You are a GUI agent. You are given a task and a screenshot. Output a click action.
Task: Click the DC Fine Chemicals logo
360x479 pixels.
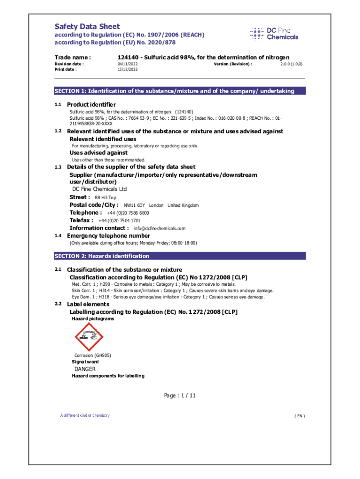pyautogui.click(x=274, y=34)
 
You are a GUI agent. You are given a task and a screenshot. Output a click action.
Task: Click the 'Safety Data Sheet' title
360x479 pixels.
pyautogui.click(x=87, y=27)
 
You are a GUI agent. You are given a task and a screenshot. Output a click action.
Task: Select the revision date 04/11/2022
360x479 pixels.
pyautogui.click(x=128, y=64)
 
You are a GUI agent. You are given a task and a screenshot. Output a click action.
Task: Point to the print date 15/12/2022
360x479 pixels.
pyautogui.click(x=128, y=69)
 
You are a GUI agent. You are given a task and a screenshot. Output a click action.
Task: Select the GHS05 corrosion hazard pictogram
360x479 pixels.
pyautogui.click(x=89, y=337)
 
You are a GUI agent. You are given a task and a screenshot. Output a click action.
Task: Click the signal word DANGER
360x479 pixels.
pyautogui.click(x=85, y=369)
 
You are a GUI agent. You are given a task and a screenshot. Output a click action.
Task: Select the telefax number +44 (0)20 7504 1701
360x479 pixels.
pyautogui.click(x=119, y=220)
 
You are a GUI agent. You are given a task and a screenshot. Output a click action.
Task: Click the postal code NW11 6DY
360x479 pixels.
pyautogui.click(x=134, y=205)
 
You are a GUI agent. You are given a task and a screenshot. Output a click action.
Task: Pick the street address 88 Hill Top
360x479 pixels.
pyautogui.click(x=106, y=197)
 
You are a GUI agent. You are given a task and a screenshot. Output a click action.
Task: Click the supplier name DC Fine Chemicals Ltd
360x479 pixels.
pyautogui.click(x=99, y=189)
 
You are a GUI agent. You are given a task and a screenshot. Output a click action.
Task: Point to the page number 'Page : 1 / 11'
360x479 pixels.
pyautogui.click(x=180, y=396)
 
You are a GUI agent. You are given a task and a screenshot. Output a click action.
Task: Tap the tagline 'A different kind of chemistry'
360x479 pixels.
pyautogui.click(x=84, y=415)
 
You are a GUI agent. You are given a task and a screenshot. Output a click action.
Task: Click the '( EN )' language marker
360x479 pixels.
pyautogui.click(x=300, y=416)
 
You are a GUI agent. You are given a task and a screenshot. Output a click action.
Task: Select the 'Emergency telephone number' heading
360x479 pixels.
pyautogui.click(x=108, y=236)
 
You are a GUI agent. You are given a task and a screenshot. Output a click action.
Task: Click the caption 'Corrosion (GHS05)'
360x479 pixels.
pyautogui.click(x=93, y=355)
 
